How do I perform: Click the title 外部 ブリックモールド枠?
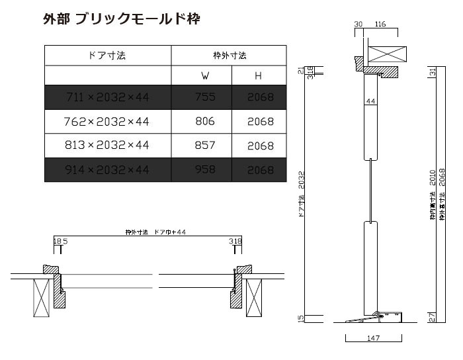pyautogui.click(x=120, y=19)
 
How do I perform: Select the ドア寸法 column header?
pyautogui.click(x=107, y=56)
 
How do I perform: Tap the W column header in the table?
pyautogui.click(x=205, y=76)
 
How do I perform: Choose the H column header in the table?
pyautogui.click(x=259, y=76)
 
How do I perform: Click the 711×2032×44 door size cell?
pyautogui.click(x=108, y=97)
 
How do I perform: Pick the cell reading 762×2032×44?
pyautogui.click(x=108, y=122)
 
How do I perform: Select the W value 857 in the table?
pyautogui.click(x=205, y=146)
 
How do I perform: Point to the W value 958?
pyautogui.click(x=205, y=170)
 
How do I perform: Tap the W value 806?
pyautogui.click(x=205, y=122)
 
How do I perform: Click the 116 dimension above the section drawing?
pyautogui.click(x=380, y=24)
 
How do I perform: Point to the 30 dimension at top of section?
pyautogui.click(x=358, y=24)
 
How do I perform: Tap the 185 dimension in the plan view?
pyautogui.click(x=60, y=242)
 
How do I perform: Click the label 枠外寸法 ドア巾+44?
pyautogui.click(x=156, y=232)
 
